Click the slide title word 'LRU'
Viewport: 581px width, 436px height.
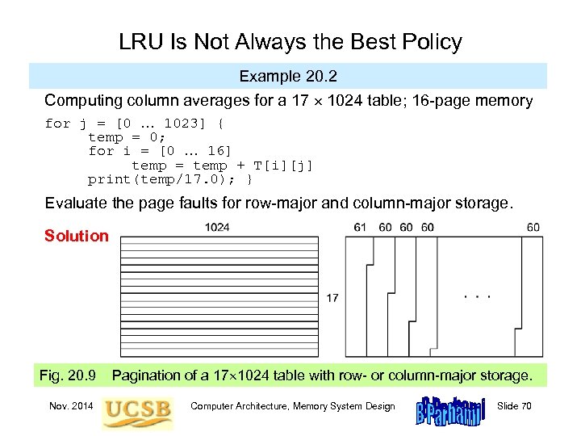[139, 42]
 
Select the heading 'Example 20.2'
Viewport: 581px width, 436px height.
[288, 77]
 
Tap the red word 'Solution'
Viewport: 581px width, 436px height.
[77, 236]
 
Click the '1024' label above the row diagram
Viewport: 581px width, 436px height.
[217, 228]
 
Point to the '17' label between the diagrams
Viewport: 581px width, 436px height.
[332, 298]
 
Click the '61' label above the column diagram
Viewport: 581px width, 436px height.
[360, 228]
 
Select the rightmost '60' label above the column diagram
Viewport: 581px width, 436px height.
[533, 228]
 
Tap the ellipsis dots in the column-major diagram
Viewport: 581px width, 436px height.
[476, 297]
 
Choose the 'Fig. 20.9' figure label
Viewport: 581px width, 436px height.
[68, 375]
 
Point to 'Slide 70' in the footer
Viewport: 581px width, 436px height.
[515, 405]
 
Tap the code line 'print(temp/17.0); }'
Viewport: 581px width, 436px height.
[171, 178]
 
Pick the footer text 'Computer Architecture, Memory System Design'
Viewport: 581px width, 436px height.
[293, 405]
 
